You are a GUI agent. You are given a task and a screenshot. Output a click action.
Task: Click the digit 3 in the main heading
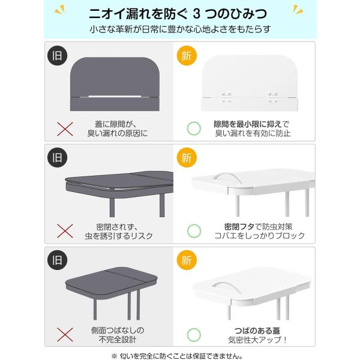pos(196,14)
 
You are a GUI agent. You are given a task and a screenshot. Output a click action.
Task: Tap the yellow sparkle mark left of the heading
pos(60,10)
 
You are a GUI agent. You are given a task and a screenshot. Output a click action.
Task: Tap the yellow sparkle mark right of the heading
pos(298,10)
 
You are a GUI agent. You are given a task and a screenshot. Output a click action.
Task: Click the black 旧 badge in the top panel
pos(57,56)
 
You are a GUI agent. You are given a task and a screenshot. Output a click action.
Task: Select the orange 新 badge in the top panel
pos(187,56)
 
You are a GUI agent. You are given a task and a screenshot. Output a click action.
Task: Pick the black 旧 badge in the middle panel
pos(57,157)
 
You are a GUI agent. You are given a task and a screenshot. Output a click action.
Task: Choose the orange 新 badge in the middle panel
pos(187,157)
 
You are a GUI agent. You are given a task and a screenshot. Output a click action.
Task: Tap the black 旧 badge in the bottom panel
pos(57,260)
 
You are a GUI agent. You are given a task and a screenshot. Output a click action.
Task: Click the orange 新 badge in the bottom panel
pos(187,260)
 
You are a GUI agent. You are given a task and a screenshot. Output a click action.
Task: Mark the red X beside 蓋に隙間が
pos(65,129)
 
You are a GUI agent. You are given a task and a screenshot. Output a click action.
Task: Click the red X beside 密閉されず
pos(65,231)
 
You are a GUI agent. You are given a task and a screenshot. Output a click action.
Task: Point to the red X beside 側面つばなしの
pos(65,335)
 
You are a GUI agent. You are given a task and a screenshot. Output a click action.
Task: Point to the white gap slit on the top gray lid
pos(115,97)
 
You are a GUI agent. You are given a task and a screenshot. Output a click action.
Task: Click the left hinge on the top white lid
pos(226,97)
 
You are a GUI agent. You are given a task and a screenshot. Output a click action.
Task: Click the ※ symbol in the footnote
pos(114,356)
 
